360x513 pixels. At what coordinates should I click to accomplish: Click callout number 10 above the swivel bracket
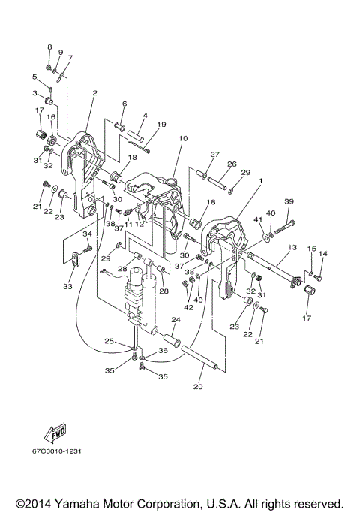(x=183, y=139)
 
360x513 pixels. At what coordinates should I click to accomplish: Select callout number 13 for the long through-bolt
(x=292, y=247)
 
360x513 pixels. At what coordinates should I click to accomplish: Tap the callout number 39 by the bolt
(x=289, y=202)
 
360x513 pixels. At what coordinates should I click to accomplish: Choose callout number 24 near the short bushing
(x=175, y=321)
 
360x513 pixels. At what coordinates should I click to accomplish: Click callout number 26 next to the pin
(x=232, y=164)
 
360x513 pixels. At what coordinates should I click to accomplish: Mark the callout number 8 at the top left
(x=49, y=47)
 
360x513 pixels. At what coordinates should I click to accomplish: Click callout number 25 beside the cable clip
(x=109, y=342)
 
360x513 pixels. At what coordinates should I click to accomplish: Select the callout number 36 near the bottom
(x=162, y=349)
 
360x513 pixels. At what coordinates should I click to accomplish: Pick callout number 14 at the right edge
(x=323, y=255)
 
